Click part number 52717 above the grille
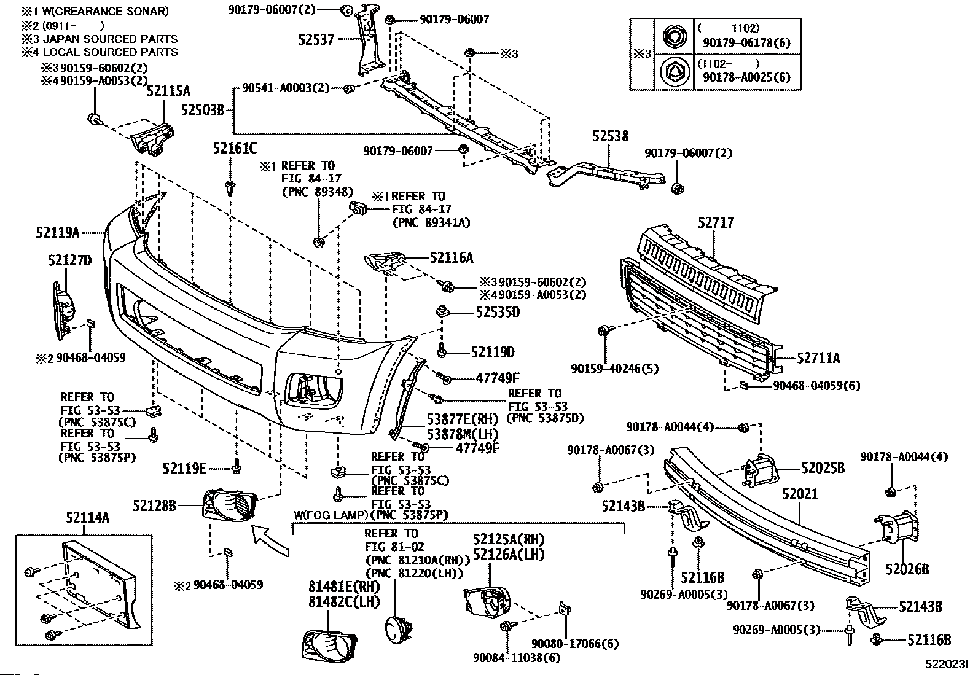[x=716, y=223]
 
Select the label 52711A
[x=818, y=358]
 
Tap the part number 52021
[x=800, y=494]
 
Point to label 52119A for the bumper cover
[x=58, y=233]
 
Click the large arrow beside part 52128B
[x=271, y=539]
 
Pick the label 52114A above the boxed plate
[x=87, y=518]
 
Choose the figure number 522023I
[x=947, y=664]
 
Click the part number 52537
[x=316, y=40]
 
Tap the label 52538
[x=611, y=136]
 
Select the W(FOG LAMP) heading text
[x=332, y=515]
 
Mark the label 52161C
[x=235, y=148]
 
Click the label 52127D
[x=69, y=261]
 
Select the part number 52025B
[x=823, y=469]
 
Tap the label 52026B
[x=907, y=569]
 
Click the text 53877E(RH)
[x=462, y=419]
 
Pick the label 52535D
[x=498, y=312]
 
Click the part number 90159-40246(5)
[x=606, y=369]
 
